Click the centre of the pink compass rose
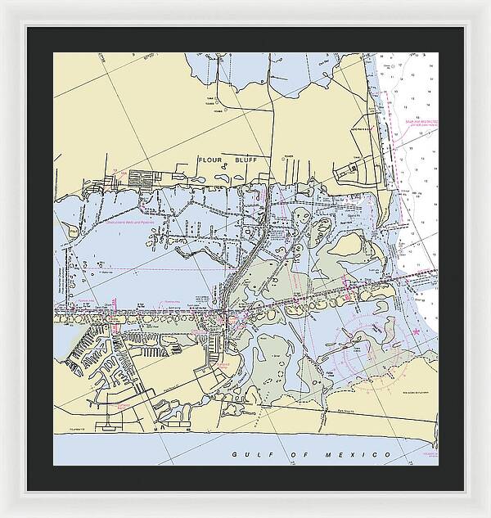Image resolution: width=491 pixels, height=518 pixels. pos(368,344)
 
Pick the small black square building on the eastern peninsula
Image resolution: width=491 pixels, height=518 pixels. pos(353,170)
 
